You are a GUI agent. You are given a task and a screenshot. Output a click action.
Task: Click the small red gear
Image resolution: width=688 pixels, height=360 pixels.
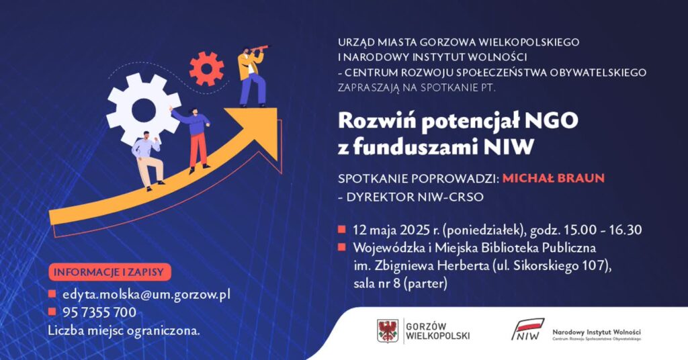206,69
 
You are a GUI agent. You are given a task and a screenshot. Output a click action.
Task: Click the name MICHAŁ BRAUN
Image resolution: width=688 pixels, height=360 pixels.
554,178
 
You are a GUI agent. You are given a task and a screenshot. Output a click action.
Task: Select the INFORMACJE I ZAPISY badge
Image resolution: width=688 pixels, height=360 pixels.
110,272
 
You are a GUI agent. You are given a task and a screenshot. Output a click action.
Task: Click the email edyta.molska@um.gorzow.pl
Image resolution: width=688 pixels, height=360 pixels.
146,295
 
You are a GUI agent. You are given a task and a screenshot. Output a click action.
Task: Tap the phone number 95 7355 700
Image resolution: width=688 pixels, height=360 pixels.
99,312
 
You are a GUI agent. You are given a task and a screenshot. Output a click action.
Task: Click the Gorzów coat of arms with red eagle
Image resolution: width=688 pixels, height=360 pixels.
388,330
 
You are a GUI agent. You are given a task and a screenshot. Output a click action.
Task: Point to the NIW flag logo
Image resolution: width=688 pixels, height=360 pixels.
528,329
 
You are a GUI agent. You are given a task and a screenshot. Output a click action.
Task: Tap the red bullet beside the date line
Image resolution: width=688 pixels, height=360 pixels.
342,229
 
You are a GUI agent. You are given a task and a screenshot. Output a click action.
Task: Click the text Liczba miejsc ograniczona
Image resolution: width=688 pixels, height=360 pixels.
124,330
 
